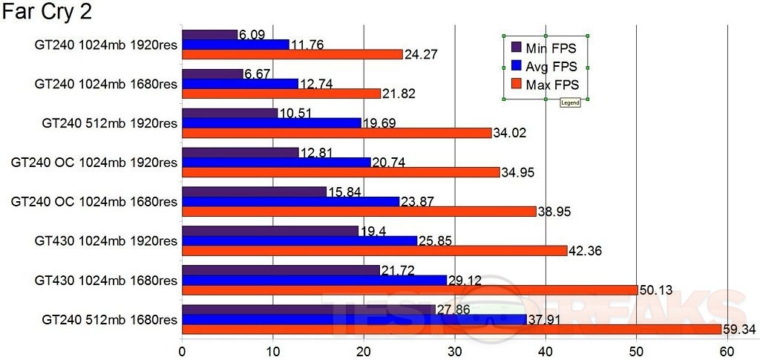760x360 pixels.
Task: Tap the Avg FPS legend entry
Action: [x=550, y=67]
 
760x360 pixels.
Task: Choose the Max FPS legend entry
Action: [x=551, y=85]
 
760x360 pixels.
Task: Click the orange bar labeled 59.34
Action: [x=451, y=329]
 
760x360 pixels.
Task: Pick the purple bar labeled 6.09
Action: [x=209, y=35]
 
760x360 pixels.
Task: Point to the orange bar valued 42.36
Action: [x=374, y=251]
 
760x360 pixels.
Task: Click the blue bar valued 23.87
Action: [x=290, y=202]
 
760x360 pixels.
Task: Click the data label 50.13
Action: [x=657, y=289]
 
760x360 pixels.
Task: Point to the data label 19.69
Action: [x=380, y=122]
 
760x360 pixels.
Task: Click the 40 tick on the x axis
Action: [x=546, y=350]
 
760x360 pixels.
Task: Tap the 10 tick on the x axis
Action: [x=272, y=350]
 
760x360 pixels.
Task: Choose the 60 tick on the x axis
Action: [x=727, y=350]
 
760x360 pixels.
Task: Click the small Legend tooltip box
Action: [x=570, y=103]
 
